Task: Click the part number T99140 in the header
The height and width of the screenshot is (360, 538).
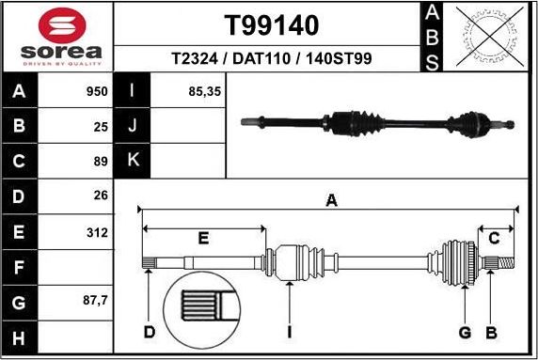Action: (x=271, y=24)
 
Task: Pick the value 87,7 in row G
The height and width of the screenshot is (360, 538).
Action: (x=95, y=302)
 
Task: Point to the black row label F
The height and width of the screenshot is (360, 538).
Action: (x=20, y=268)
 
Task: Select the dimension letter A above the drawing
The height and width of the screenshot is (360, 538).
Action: (x=330, y=200)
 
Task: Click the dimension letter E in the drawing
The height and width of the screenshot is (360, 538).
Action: (x=202, y=239)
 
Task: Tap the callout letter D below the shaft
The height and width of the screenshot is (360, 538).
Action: (x=149, y=332)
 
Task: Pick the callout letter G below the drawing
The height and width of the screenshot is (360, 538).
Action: (x=464, y=332)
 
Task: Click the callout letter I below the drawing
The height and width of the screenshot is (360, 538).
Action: (x=290, y=332)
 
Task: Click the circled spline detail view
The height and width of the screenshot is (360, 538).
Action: (x=205, y=310)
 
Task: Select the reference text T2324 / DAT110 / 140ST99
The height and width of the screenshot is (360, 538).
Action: (x=271, y=58)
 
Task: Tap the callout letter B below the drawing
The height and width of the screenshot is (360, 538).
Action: (x=490, y=332)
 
